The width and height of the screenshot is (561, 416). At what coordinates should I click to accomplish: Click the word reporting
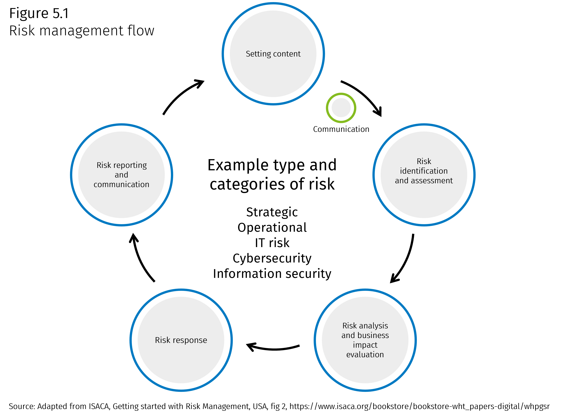click(130, 165)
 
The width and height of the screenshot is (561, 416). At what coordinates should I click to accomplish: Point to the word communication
click(121, 185)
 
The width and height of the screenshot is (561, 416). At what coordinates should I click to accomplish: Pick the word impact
click(365, 345)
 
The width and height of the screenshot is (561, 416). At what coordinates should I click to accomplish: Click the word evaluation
click(365, 355)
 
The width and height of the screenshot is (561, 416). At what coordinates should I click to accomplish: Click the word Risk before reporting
click(104, 165)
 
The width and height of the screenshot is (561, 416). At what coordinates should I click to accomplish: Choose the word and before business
click(348, 335)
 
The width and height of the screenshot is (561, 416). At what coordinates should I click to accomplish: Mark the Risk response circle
click(181, 363)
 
